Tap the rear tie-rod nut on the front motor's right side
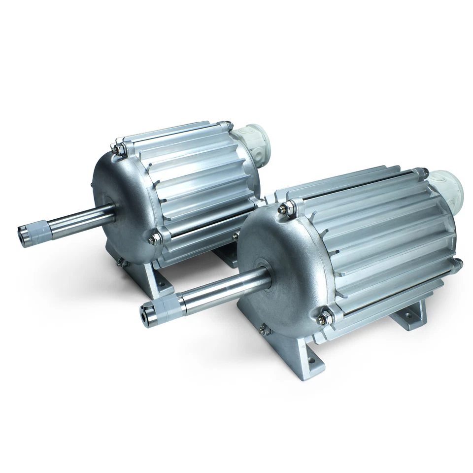pyautogui.click(x=457, y=264)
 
